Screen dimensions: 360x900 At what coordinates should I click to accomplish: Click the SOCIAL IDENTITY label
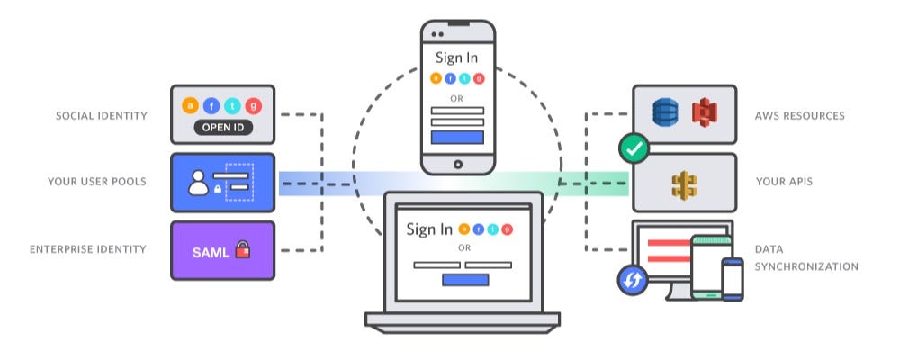tap(101, 116)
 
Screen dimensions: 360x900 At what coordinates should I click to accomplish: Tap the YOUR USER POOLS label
tap(97, 182)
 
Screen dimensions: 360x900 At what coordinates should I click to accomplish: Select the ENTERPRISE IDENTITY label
tap(87, 248)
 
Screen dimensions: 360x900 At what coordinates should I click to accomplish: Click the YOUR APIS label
tap(785, 182)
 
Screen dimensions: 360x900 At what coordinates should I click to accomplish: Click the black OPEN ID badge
tap(223, 128)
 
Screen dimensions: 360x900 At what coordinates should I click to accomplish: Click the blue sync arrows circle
tap(633, 280)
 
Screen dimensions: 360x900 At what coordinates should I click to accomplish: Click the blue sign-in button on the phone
tap(457, 138)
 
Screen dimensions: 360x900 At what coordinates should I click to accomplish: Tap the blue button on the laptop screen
tap(465, 279)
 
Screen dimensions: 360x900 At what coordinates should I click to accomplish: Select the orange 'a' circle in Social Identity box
tap(191, 105)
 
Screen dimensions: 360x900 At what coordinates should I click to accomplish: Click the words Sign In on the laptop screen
tap(429, 229)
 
